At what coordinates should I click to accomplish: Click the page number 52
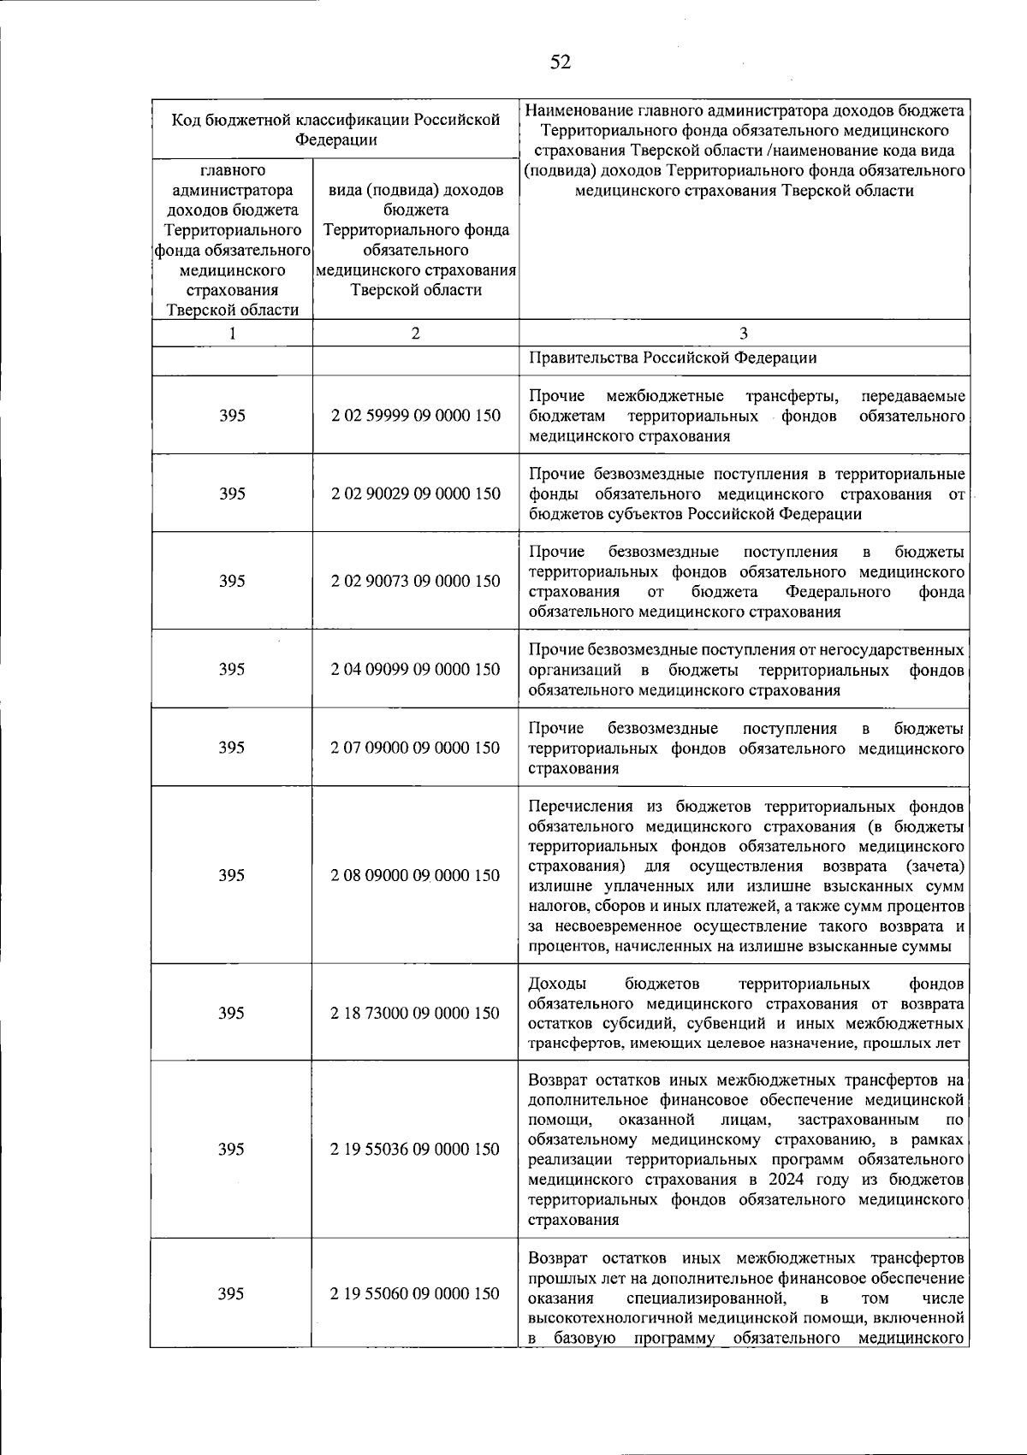(x=561, y=62)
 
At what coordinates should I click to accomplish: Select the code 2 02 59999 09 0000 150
(x=416, y=416)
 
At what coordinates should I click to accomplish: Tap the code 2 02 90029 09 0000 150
(x=416, y=494)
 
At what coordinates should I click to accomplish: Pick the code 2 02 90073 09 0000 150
(x=416, y=581)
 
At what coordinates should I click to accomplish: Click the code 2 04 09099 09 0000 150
(x=416, y=669)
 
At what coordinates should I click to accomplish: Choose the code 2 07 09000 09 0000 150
(x=416, y=748)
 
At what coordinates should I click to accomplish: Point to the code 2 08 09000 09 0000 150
(x=416, y=875)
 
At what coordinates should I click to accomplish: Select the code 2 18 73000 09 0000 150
(x=416, y=1013)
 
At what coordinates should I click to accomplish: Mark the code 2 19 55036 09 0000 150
(x=416, y=1149)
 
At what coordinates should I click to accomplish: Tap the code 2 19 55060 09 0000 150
(x=416, y=1293)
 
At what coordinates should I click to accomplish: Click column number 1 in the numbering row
(x=232, y=334)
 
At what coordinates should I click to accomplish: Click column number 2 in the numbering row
(x=416, y=334)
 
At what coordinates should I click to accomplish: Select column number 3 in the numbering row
(x=743, y=334)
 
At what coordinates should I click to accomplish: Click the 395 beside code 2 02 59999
(x=232, y=416)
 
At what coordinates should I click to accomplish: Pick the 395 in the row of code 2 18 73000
(x=232, y=1013)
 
